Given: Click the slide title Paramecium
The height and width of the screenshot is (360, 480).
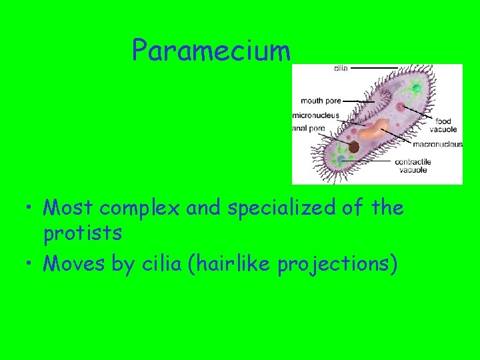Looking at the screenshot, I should coord(211,51).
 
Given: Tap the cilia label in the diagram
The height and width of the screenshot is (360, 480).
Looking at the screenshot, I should coord(340,68).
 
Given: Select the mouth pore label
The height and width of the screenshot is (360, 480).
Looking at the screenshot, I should coord(321,101).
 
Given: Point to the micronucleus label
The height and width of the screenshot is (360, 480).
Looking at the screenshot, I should coord(315,115).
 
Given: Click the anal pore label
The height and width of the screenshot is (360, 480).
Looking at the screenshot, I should coord(309,128).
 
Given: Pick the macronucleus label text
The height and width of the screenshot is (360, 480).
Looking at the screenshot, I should coord(437,144).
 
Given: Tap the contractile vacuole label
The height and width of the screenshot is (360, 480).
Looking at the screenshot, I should coord(413,165).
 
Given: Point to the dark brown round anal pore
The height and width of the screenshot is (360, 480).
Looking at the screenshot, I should coord(353,147).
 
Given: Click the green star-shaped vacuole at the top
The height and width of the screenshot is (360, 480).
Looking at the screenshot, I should coord(415,85).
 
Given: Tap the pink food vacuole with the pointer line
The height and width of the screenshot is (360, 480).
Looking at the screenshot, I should coord(400,107).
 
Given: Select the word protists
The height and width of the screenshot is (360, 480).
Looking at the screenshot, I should coord(83,233).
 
